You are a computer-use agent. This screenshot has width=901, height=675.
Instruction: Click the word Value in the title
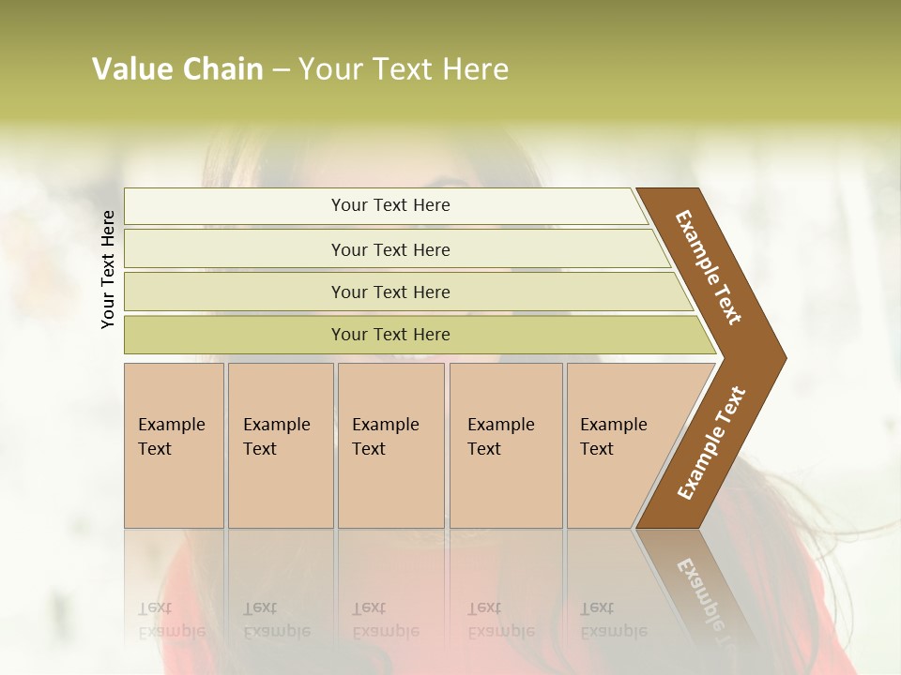tap(131, 69)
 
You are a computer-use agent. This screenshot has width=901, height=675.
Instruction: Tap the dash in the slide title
tap(281, 70)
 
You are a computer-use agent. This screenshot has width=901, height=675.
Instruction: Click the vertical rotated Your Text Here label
tap(108, 269)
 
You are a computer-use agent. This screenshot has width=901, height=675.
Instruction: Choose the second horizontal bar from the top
tap(390, 249)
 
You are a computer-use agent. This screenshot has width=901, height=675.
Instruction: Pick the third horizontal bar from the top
tap(390, 292)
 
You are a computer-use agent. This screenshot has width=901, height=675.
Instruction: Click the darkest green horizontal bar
tap(390, 335)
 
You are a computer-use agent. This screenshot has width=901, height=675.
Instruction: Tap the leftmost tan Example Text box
tap(174, 444)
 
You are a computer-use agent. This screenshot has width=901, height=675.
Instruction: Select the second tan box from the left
tap(280, 444)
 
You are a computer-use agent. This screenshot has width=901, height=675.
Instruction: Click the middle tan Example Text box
tap(390, 444)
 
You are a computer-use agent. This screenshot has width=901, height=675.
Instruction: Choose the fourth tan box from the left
tap(505, 444)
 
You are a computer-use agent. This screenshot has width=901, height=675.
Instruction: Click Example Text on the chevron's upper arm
tap(709, 267)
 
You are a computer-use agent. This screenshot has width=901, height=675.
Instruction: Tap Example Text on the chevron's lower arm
tap(711, 442)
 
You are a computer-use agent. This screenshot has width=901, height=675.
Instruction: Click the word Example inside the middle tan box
tap(385, 425)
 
